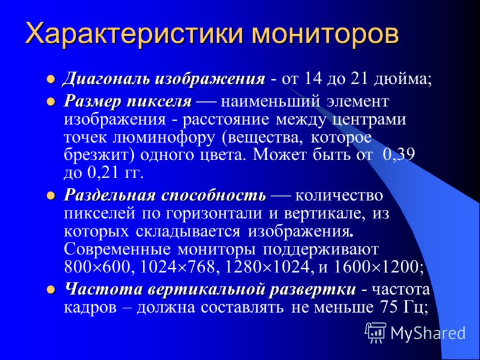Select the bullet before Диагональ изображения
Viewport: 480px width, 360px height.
click(x=50, y=79)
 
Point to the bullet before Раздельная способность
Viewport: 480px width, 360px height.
click(x=50, y=196)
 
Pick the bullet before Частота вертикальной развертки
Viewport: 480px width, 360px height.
click(x=50, y=289)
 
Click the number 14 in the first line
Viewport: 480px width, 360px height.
click(x=313, y=79)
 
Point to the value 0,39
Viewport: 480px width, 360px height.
click(x=398, y=155)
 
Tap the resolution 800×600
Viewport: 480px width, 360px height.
click(x=97, y=267)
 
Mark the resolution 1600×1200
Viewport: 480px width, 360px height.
click(x=376, y=267)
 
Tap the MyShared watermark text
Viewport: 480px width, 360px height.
click(x=428, y=333)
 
